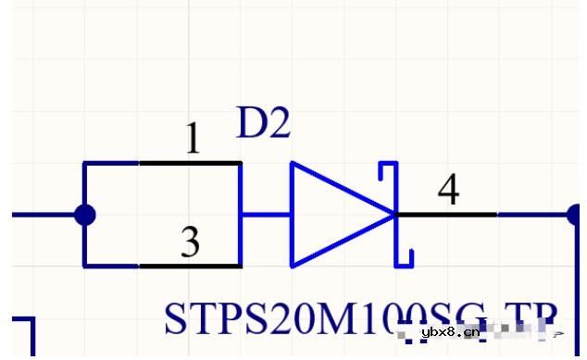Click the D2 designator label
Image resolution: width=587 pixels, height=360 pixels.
coord(263,125)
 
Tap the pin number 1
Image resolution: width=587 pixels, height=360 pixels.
coord(192,140)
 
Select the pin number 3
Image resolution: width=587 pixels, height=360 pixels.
coord(190,243)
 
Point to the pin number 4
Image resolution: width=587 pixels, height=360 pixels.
coord(448,191)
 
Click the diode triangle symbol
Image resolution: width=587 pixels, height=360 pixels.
coord(333,214)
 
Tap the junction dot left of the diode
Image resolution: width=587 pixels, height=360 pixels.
coord(84,215)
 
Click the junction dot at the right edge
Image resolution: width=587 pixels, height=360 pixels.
coord(575,215)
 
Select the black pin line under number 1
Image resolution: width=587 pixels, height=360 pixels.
coord(190,163)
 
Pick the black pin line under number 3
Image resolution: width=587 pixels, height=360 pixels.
coord(190,267)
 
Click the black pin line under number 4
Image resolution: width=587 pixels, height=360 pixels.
coord(446,215)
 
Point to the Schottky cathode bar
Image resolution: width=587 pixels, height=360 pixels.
coord(396,214)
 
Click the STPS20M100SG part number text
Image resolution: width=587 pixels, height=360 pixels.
coord(324,318)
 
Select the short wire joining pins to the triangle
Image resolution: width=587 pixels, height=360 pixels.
coord(267,215)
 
